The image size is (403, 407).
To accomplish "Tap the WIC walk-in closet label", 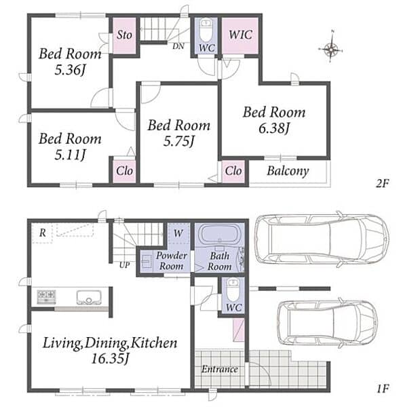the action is click(240, 35).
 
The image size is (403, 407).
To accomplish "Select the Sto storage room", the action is click(124, 35).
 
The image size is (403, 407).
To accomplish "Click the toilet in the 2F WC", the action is click(206, 30).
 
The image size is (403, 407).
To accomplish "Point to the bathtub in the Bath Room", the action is click(219, 234).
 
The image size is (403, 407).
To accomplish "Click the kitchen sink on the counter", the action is click(89, 297).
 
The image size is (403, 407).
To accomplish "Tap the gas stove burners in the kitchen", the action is click(47, 296).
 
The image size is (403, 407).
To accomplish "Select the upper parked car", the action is click(322, 239).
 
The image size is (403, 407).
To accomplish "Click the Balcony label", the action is click(288, 171).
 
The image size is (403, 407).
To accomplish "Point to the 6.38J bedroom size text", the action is click(274, 128).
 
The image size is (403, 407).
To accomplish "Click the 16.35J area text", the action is click(110, 359).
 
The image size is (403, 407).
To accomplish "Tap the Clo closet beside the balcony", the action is click(233, 171).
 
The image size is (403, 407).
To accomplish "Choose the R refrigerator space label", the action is click(43, 233).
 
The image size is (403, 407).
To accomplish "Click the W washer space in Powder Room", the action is click(178, 233).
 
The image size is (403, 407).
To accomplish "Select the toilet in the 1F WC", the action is click(233, 290).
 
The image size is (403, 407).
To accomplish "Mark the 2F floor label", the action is click(383, 184).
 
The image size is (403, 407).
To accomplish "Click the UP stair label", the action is click(124, 265).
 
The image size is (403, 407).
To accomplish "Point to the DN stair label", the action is click(178, 46).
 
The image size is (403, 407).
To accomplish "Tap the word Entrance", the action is click(220, 369).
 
